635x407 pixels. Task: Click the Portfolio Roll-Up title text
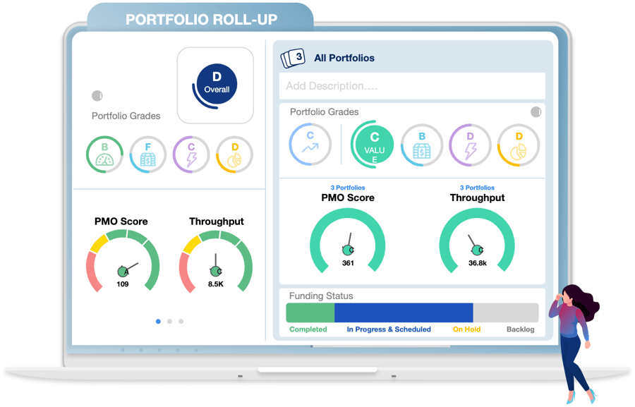201,20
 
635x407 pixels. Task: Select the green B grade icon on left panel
105,154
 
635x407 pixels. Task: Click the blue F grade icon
148,154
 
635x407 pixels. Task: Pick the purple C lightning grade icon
191,154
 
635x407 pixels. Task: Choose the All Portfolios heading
344,58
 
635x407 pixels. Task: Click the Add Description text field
412,86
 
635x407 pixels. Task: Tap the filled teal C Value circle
374,144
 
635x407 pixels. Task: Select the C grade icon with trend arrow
310,144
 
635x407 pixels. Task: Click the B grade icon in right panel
422,145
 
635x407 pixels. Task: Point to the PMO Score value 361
348,263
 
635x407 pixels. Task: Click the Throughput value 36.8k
477,263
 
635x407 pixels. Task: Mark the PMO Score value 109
123,284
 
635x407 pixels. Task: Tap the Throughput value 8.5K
216,284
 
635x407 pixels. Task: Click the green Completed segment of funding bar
310,312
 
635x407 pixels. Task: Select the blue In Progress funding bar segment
403,312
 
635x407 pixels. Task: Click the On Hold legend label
466,329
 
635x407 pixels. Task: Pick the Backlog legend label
521,329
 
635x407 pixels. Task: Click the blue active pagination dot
158,322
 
